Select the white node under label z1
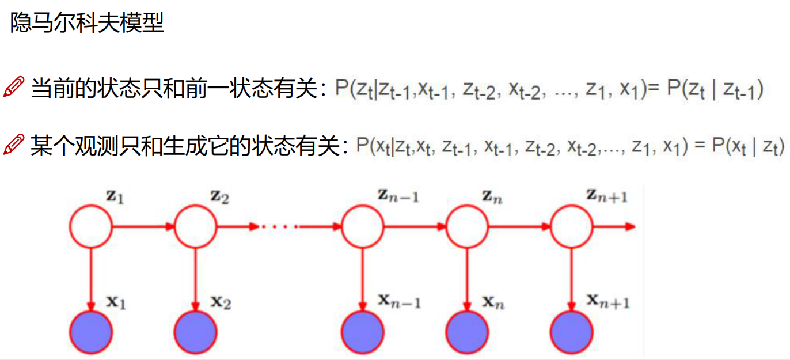(90, 227)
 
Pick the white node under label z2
(195, 227)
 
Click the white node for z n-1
(362, 227)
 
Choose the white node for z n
(467, 227)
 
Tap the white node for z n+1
(571, 227)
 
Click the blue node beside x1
(90, 332)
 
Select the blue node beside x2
(195, 332)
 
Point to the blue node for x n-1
(362, 332)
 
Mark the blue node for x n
(467, 332)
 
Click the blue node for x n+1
(571, 332)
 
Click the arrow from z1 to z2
(143, 227)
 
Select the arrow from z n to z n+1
(519, 227)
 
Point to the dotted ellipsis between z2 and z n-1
(279, 227)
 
